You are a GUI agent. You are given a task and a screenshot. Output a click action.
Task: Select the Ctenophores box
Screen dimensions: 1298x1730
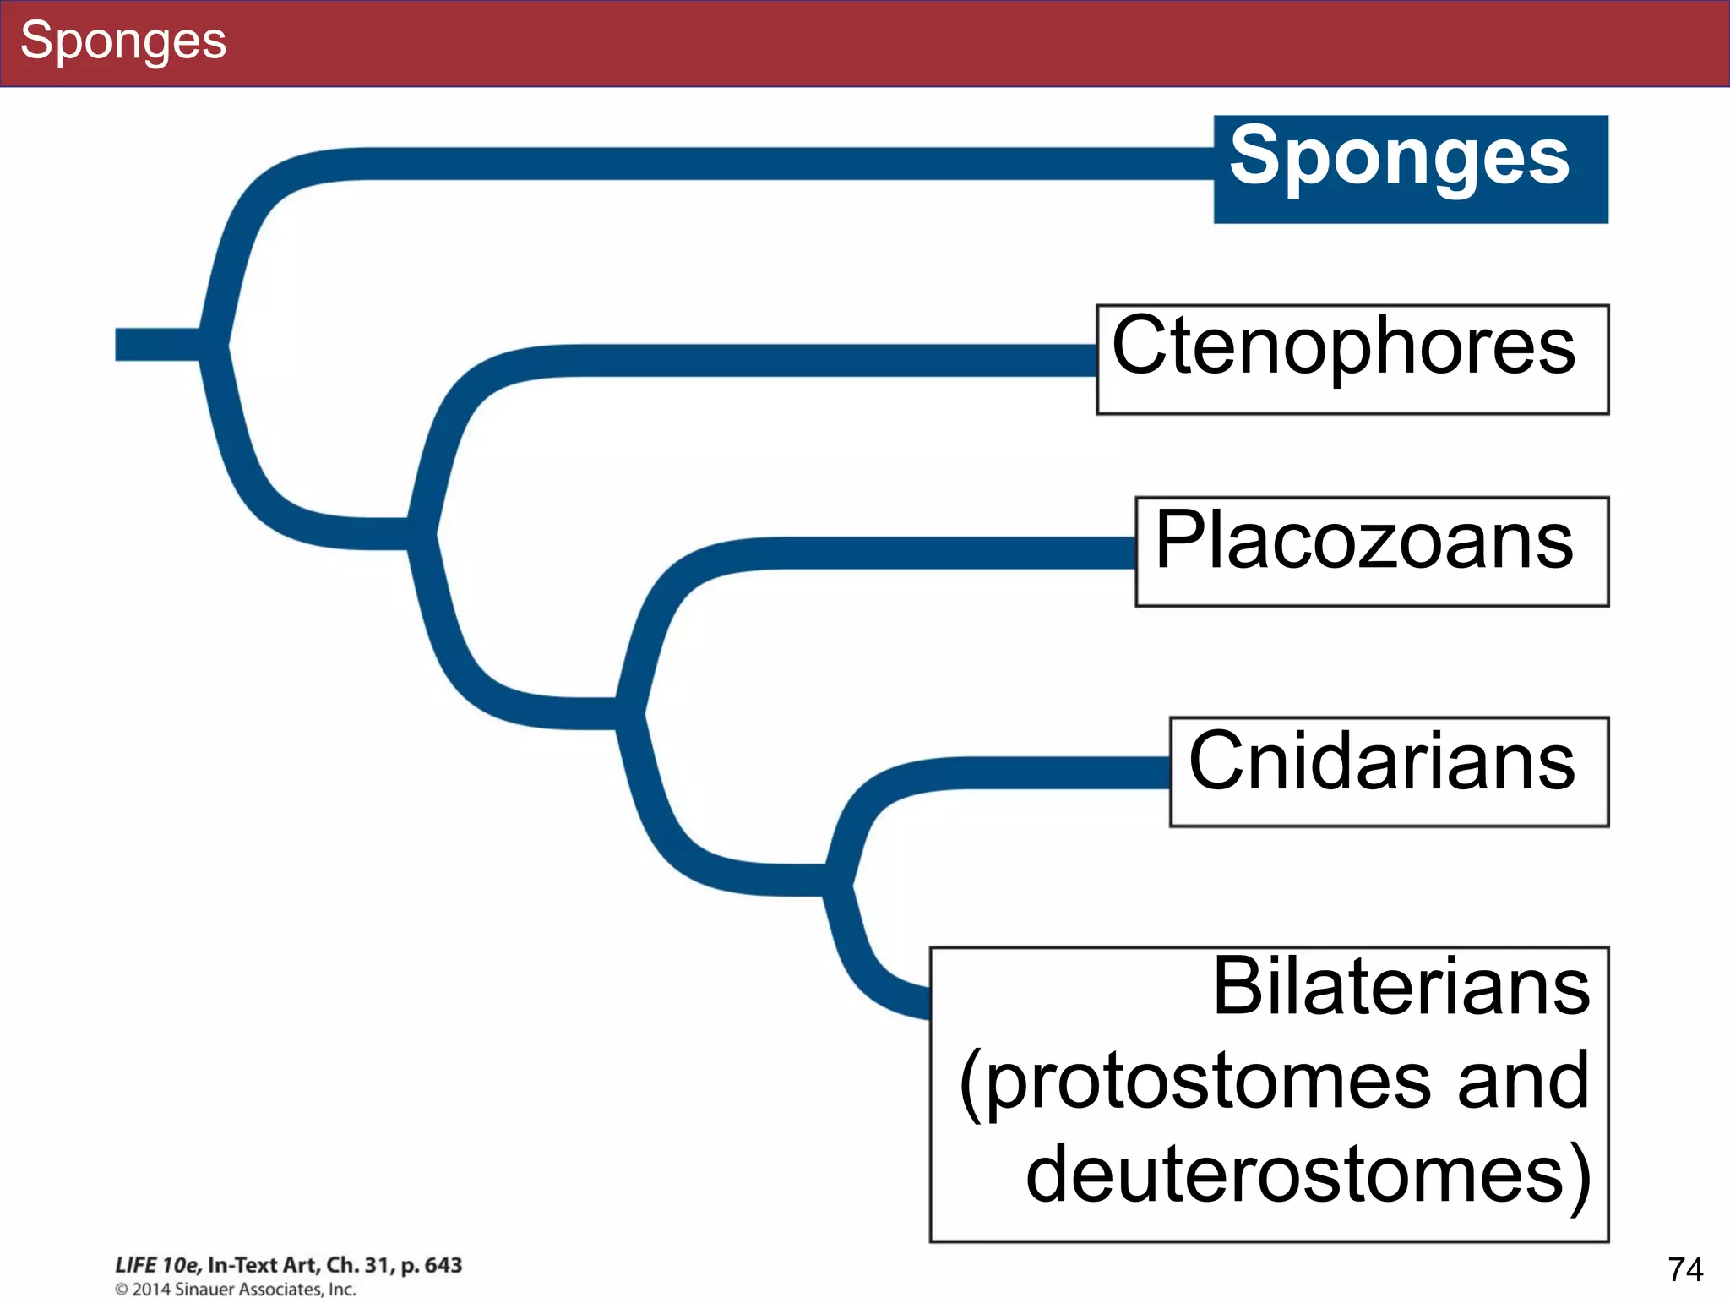click(x=1352, y=358)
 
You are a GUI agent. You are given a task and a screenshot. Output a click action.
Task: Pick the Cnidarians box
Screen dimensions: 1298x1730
click(x=1388, y=771)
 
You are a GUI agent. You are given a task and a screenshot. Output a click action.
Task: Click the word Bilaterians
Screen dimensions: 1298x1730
click(x=1401, y=987)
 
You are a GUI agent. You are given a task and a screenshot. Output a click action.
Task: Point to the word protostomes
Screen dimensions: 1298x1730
click(x=1208, y=1082)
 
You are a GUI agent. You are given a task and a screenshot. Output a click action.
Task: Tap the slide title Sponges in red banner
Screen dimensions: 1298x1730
click(x=123, y=41)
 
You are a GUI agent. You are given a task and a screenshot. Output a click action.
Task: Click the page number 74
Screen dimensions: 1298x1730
click(x=1684, y=1268)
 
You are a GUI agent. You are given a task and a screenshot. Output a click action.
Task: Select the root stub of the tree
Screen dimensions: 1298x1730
click(x=156, y=345)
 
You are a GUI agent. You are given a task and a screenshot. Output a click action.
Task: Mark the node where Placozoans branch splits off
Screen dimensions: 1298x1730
click(x=629, y=713)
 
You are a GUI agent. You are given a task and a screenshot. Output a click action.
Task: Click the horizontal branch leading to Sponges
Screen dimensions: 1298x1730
click(x=760, y=163)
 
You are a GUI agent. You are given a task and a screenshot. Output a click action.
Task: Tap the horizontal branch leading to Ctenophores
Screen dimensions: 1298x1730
click(x=802, y=360)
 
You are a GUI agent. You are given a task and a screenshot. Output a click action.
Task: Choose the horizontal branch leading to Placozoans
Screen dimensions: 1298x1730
click(x=929, y=553)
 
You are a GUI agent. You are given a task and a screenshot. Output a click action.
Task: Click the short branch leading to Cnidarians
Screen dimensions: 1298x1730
click(x=1056, y=772)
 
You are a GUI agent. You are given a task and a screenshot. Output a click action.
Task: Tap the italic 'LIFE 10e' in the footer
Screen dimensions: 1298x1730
click(x=157, y=1265)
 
